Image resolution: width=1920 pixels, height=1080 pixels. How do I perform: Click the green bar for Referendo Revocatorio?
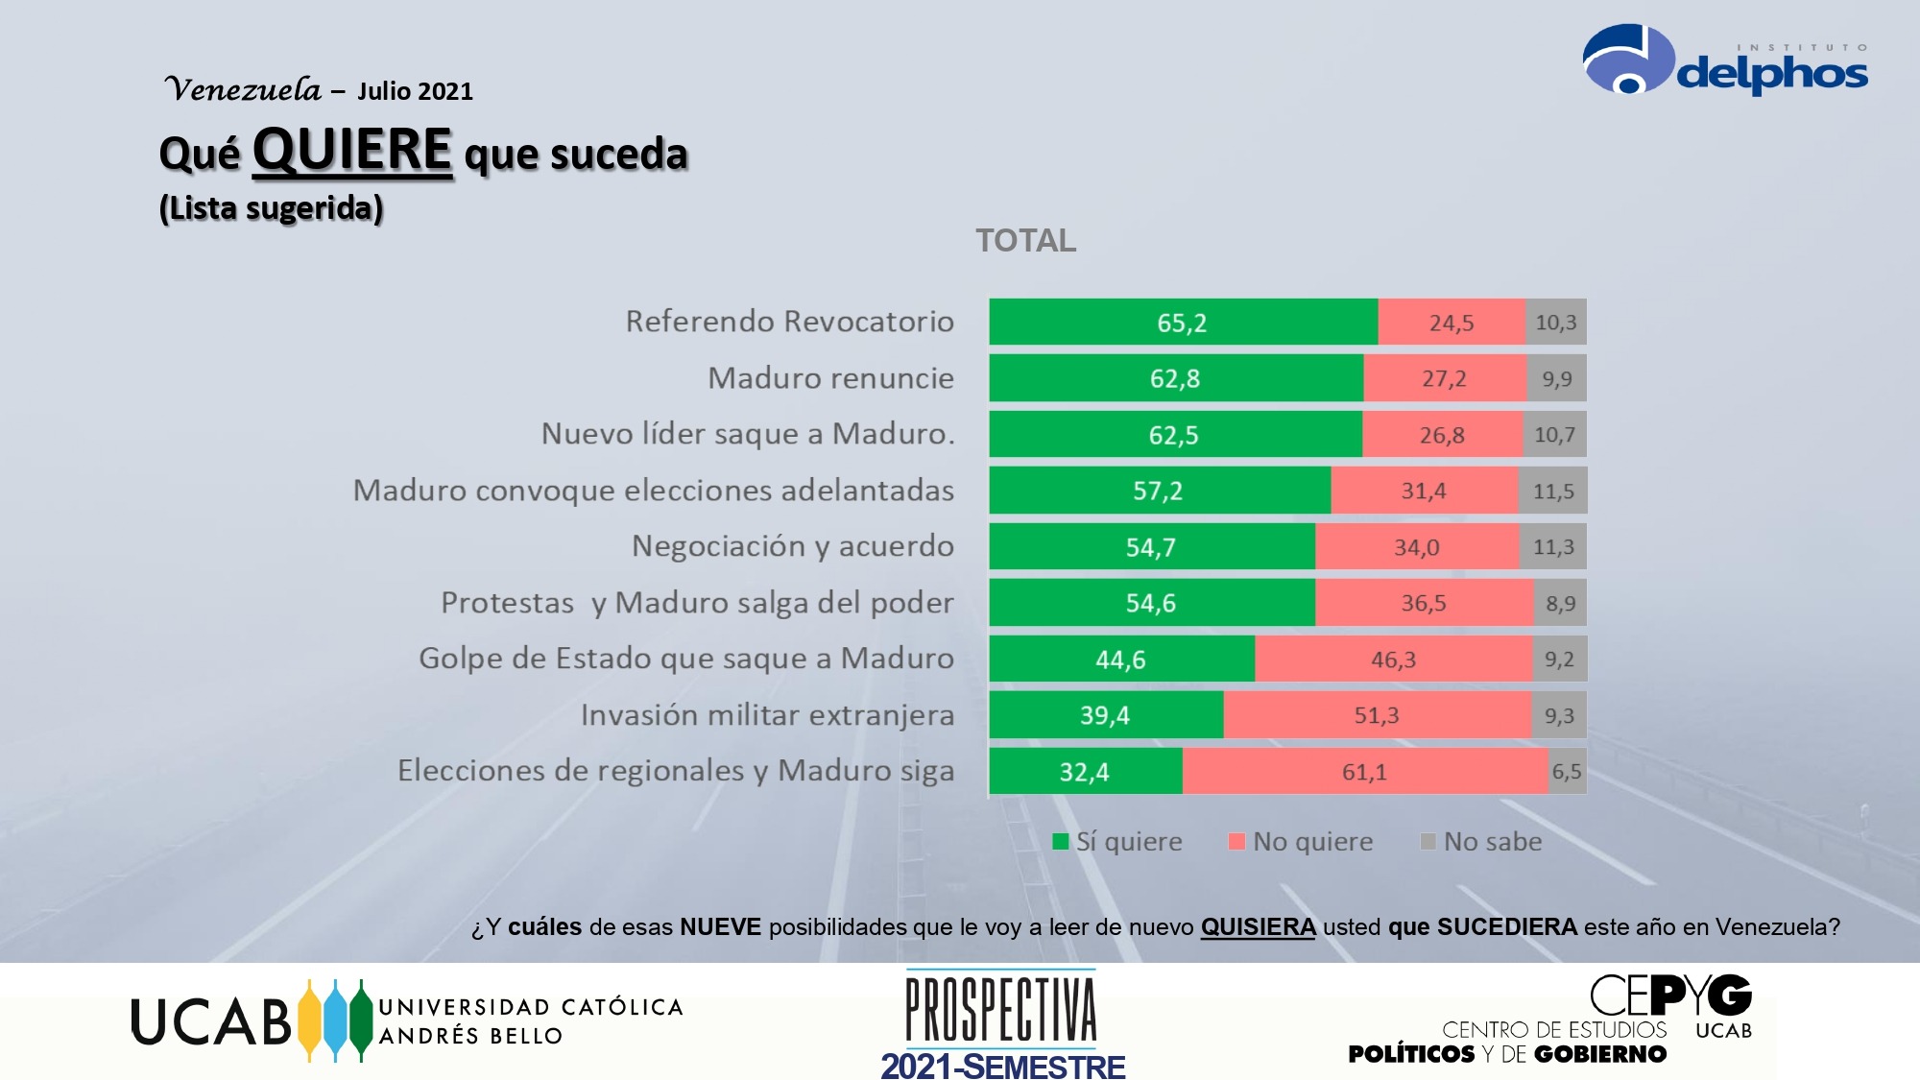[x=1183, y=322]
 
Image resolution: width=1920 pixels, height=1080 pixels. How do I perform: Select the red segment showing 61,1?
[x=1364, y=772]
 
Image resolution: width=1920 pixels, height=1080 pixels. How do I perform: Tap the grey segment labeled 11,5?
[x=1552, y=491]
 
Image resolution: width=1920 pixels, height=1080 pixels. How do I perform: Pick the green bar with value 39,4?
[x=1105, y=715]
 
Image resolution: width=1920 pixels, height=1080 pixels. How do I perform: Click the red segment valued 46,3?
[x=1393, y=660]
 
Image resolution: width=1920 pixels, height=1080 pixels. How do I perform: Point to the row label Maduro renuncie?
[x=830, y=378]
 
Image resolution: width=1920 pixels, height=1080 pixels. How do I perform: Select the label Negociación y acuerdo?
[x=792, y=546]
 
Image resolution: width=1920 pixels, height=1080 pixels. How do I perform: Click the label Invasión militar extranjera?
[x=767, y=715]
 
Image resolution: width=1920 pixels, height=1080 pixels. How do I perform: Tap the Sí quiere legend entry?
[x=1117, y=842]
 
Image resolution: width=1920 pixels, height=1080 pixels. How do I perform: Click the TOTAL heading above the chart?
[x=1025, y=241]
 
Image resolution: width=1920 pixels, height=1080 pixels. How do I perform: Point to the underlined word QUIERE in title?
[x=351, y=151]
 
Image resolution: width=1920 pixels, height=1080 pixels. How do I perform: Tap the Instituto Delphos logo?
[x=1724, y=62]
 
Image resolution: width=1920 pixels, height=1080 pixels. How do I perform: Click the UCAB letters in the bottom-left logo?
[x=210, y=1021]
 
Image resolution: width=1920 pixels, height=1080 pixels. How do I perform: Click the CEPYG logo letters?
[x=1670, y=996]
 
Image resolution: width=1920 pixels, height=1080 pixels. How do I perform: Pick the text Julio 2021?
[x=415, y=91]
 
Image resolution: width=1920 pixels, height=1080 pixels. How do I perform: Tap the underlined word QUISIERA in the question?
[x=1258, y=927]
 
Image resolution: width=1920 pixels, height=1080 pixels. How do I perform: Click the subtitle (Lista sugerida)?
[x=271, y=208]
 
